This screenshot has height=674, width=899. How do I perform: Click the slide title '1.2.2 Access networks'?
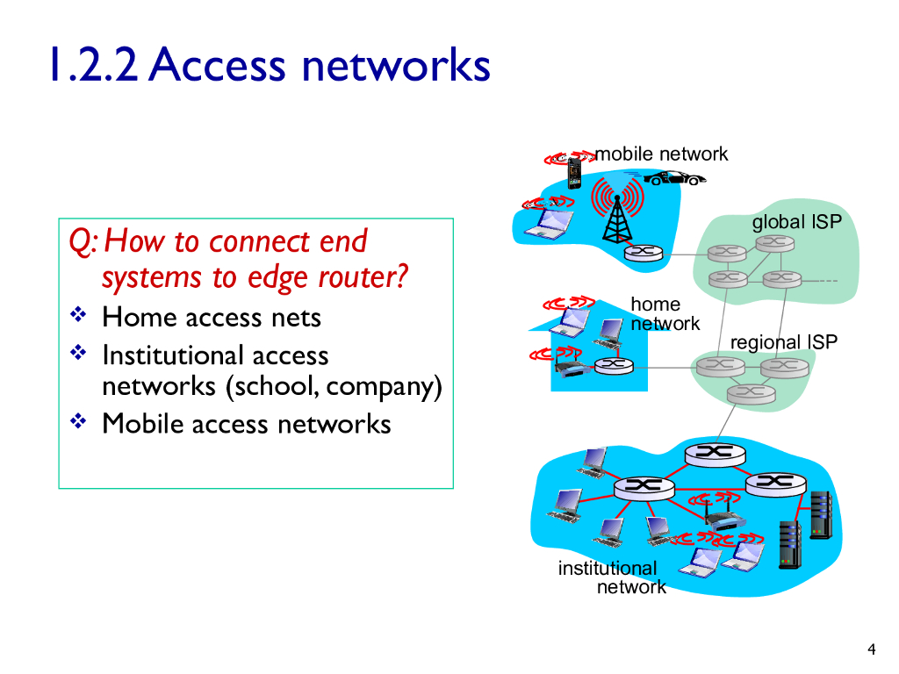[268, 66]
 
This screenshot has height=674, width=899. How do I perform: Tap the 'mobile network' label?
[662, 154]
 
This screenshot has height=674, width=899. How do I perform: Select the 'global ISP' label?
[796, 222]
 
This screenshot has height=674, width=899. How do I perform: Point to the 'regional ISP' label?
[784, 342]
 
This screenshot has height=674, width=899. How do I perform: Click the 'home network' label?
[665, 314]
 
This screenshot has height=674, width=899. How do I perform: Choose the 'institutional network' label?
[611, 577]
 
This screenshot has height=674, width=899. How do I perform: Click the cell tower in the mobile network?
[615, 211]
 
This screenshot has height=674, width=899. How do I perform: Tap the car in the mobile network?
[674, 178]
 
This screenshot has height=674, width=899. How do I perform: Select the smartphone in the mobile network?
[574, 173]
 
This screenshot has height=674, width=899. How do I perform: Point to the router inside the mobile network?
[643, 253]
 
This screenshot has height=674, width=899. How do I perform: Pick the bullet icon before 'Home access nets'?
[77, 314]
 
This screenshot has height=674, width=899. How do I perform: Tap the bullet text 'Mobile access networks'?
[246, 424]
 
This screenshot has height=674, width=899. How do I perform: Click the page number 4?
[871, 649]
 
